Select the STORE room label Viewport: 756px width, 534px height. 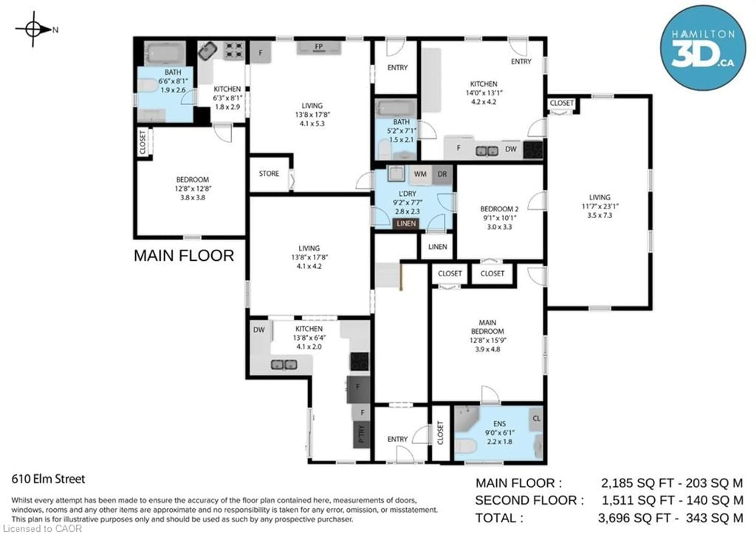(269, 174)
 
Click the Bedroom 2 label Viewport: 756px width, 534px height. (499, 209)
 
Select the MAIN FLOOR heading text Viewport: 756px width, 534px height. (184, 256)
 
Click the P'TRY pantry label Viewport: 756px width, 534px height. (361, 435)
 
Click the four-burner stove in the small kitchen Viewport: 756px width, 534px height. (234, 50)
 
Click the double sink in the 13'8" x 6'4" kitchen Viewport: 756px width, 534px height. (284, 364)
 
